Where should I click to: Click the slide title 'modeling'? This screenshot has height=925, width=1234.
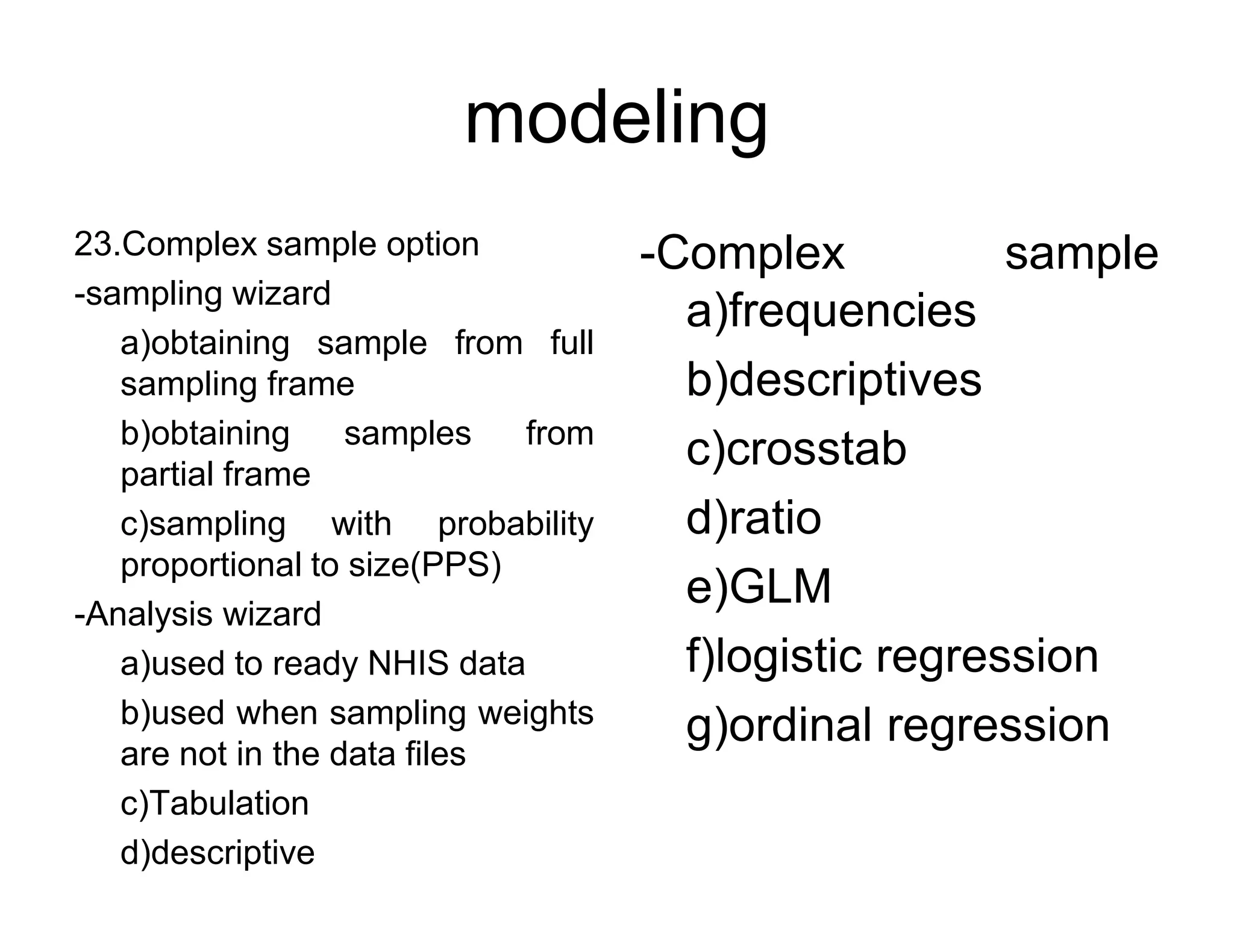(x=616, y=118)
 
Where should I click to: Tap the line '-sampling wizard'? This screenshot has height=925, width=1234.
(x=202, y=294)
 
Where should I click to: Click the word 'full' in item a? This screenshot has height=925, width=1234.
(x=572, y=343)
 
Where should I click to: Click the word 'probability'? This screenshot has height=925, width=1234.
(x=515, y=524)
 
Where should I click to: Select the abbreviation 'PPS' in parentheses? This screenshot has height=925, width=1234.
(x=456, y=565)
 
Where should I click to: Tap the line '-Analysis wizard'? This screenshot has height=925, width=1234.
(x=198, y=614)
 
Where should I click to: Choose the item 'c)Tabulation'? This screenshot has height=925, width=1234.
(x=215, y=803)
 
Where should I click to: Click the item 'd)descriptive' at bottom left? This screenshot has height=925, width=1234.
(x=218, y=853)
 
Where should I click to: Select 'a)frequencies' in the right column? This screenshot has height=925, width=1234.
(x=831, y=311)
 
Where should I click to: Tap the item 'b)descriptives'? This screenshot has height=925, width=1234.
(x=834, y=380)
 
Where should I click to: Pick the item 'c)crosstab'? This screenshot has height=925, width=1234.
(x=796, y=449)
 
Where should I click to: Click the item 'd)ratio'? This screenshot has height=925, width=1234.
(x=754, y=518)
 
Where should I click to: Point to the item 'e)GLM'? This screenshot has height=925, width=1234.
(x=759, y=587)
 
